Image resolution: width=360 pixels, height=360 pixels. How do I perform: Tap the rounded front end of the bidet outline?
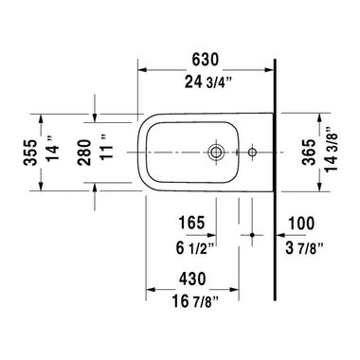pos(141,151)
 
